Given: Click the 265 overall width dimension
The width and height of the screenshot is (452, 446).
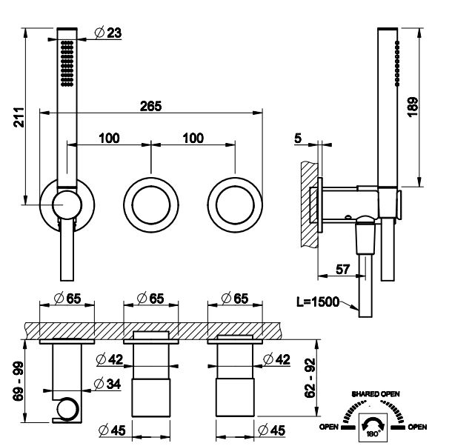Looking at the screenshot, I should [151, 106].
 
